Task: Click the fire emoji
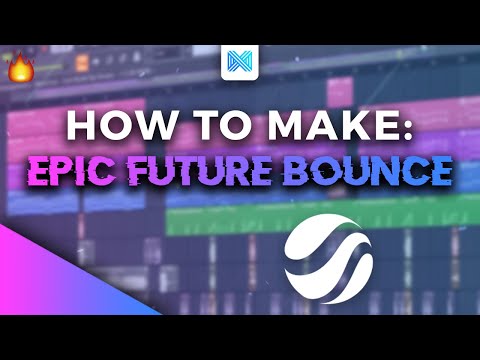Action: [x=20, y=68]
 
